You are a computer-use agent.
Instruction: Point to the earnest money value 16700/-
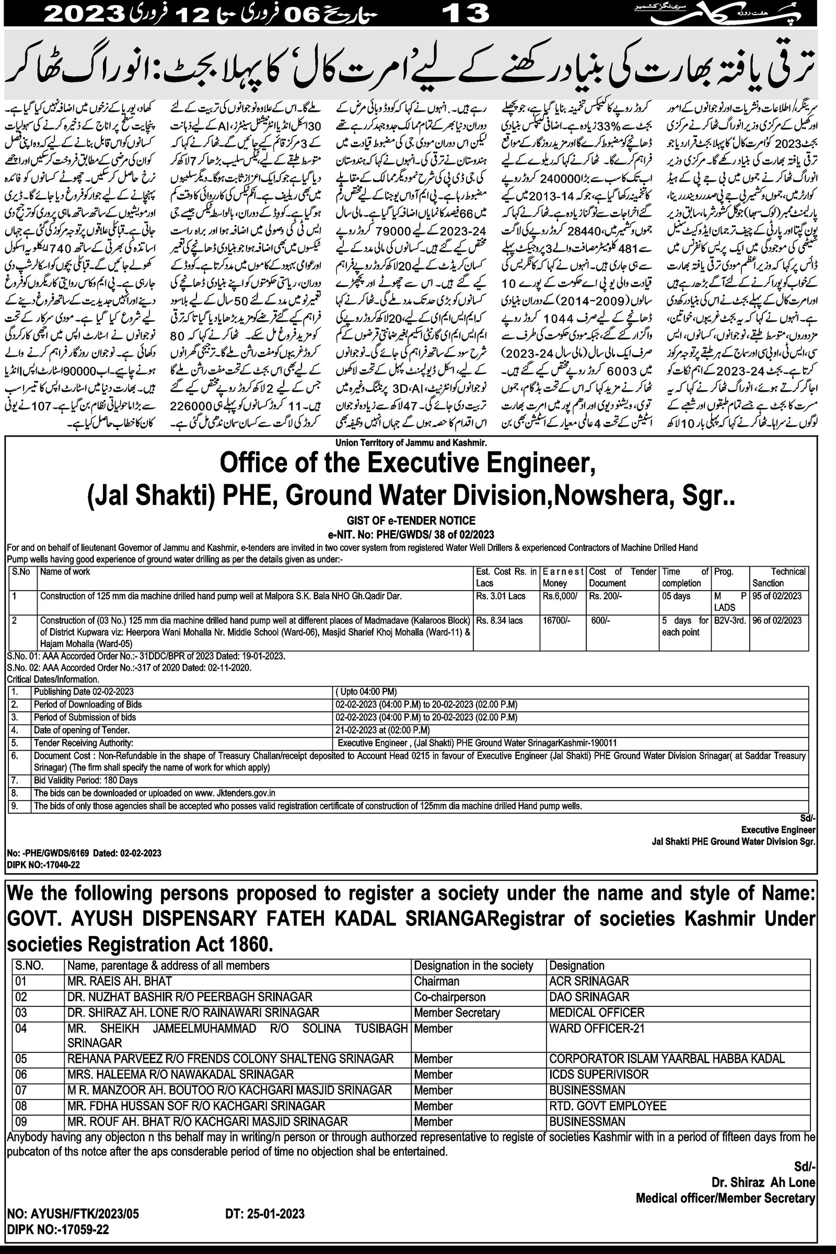556,620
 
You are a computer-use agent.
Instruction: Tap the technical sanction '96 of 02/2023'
777,620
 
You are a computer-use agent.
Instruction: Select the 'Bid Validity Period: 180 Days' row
86,780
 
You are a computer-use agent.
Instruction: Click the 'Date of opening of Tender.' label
82,730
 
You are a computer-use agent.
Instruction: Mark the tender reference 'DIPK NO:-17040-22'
43,864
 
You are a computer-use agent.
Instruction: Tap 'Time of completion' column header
684,577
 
